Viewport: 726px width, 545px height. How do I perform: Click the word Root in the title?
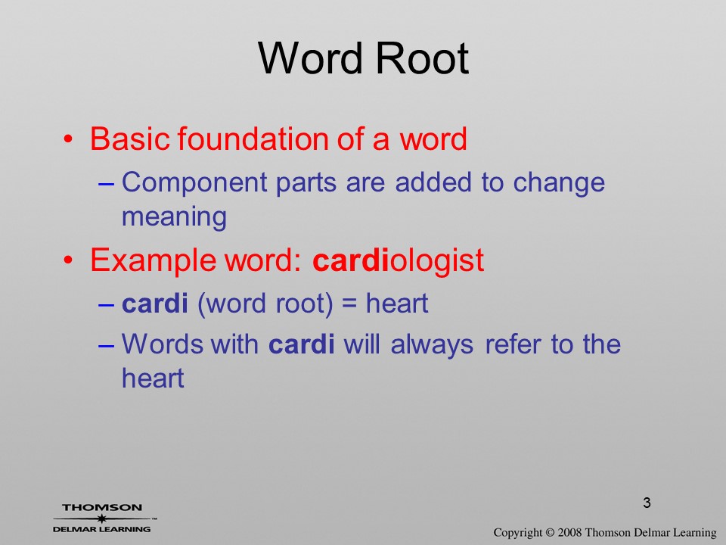pyautogui.click(x=422, y=58)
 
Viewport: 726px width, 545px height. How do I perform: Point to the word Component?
pyautogui.click(x=194, y=182)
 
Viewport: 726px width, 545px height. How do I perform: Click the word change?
pyautogui.click(x=559, y=182)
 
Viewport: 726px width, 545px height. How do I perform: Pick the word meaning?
pyautogui.click(x=174, y=217)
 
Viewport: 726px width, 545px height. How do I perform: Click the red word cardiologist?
pyautogui.click(x=399, y=260)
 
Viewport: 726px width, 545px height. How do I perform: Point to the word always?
pyautogui.click(x=432, y=345)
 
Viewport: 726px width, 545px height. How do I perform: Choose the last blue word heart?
pyautogui.click(x=153, y=378)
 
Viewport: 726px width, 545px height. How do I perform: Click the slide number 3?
pyautogui.click(x=647, y=503)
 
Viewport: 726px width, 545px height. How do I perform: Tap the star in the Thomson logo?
pyautogui.click(x=102, y=519)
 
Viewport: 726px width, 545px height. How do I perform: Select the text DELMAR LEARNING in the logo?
pyautogui.click(x=102, y=529)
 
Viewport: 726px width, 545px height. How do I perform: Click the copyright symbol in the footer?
pyautogui.click(x=550, y=533)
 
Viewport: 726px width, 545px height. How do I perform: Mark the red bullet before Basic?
pyautogui.click(x=69, y=139)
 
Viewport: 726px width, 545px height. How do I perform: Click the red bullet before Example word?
pyautogui.click(x=69, y=260)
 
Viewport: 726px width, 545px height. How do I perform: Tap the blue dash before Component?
pyautogui.click(x=107, y=184)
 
